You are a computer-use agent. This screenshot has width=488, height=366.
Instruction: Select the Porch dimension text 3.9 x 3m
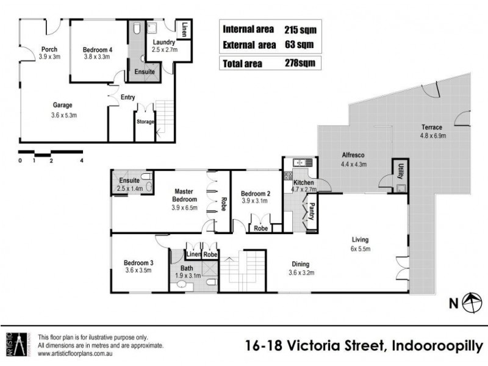click(49, 57)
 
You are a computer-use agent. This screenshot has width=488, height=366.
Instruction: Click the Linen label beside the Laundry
click(185, 29)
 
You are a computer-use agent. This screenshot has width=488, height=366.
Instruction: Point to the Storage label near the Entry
click(145, 121)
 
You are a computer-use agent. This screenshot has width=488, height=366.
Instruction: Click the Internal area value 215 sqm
click(300, 29)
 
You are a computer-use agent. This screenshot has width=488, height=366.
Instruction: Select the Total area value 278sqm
click(299, 63)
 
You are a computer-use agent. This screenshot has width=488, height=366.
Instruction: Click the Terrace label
click(432, 127)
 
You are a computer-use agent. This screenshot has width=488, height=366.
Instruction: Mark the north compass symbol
click(470, 301)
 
